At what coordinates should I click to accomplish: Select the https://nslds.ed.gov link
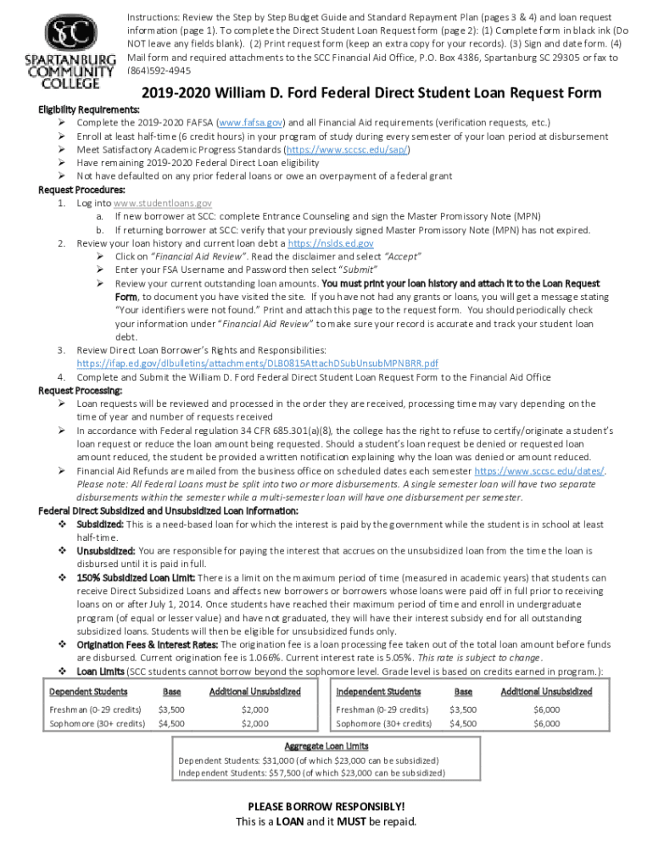point(331,243)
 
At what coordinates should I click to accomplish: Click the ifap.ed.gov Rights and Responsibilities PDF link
point(257,363)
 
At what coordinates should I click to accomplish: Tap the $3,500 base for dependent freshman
point(171,709)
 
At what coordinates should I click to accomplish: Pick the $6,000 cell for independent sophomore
point(546,724)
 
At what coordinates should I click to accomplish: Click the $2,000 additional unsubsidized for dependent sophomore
point(254,724)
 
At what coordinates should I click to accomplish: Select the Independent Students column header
point(378,692)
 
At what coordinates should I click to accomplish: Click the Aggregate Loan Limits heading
point(326,746)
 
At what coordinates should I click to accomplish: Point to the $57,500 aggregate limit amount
point(288,773)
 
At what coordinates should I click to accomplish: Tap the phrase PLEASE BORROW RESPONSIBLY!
point(326,806)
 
